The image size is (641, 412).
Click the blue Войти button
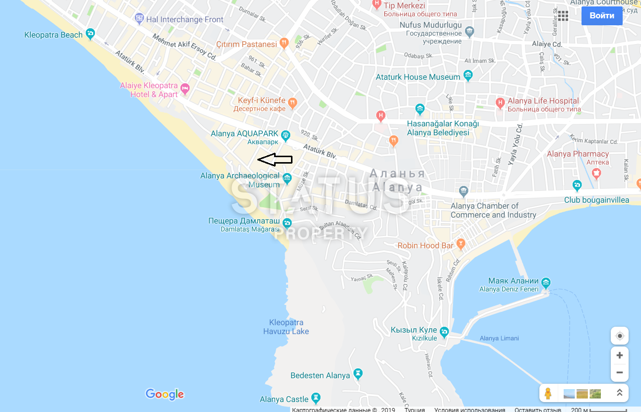click(602, 15)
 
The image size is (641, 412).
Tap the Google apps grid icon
click(563, 15)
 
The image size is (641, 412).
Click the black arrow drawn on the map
click(275, 160)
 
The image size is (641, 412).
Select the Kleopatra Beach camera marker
click(90, 34)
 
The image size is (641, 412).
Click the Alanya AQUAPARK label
click(244, 134)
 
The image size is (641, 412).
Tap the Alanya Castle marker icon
click(316, 398)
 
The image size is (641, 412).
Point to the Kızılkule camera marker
click(444, 331)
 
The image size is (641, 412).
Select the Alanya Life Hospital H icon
click(500, 103)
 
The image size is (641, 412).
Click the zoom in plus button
click(619, 355)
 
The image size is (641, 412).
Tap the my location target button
click(619, 336)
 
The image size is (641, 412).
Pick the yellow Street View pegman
click(548, 393)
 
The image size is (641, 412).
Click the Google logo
click(165, 394)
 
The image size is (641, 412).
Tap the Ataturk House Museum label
click(418, 77)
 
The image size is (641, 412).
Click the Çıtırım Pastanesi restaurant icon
click(284, 44)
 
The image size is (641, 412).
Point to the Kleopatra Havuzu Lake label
click(286, 327)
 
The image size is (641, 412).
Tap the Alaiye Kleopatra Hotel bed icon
click(185, 89)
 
